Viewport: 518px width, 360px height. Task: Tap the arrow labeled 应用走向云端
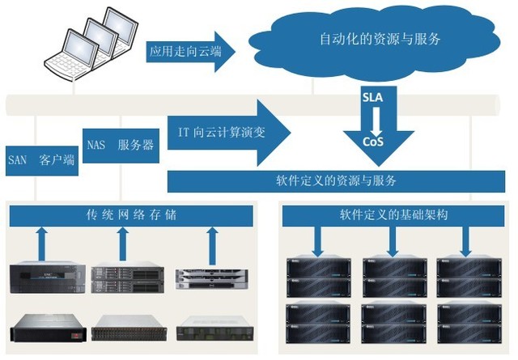[x=189, y=53]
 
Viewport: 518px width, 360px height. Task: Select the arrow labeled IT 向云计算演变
[x=227, y=129]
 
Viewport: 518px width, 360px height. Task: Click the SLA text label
[x=374, y=97]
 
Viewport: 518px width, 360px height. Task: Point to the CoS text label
[x=373, y=142]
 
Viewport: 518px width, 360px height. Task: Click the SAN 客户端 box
[x=40, y=159]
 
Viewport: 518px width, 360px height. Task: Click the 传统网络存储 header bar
[x=130, y=215]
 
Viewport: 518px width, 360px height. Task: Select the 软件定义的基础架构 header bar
[x=393, y=215]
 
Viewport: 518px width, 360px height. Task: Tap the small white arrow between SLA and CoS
[x=374, y=120]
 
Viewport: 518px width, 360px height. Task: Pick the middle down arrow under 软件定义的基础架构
[x=393, y=239]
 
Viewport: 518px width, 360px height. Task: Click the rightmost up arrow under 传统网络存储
[x=212, y=242]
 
